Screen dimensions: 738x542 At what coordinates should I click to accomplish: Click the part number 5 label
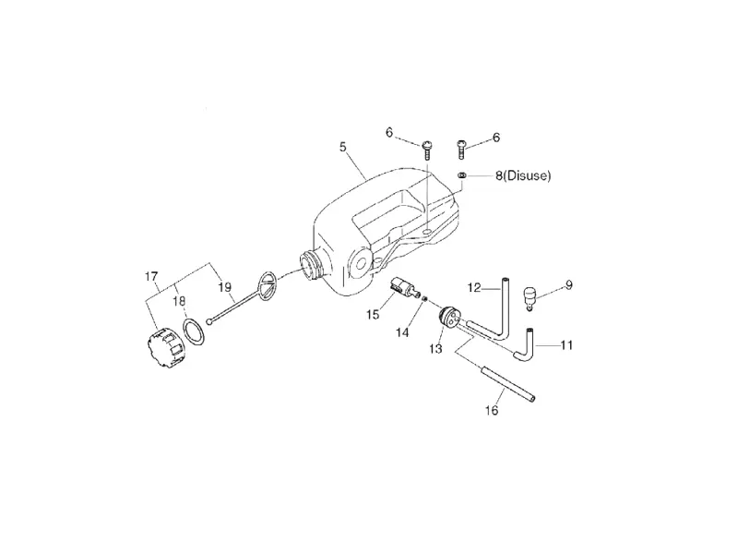[342, 147]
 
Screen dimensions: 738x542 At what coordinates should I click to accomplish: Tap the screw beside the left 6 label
[427, 151]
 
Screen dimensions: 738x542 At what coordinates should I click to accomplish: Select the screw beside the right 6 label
[462, 150]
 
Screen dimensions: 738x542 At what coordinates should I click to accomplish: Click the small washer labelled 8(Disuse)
[462, 175]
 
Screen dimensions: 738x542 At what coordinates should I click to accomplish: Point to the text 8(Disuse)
[523, 175]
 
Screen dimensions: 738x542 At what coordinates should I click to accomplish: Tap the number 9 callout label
[568, 285]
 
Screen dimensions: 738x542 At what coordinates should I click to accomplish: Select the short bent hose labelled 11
[525, 345]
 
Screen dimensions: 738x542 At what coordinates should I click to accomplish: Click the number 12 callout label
[474, 287]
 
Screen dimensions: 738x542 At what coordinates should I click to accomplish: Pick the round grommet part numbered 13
[448, 316]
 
